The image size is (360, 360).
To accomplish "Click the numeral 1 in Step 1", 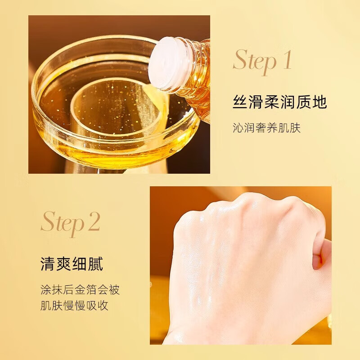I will tap(287, 61).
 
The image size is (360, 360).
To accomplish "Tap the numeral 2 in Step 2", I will tap(94, 221).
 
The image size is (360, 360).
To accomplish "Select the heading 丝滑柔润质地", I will tap(279, 103).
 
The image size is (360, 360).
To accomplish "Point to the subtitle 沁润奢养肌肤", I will tap(266, 128).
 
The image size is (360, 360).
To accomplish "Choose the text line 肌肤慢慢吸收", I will tap(74, 306).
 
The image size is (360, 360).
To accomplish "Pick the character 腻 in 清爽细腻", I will tap(95, 264).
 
